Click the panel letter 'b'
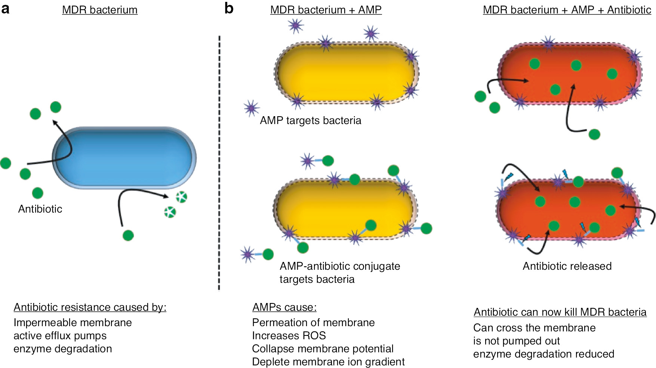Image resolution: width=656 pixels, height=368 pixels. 229,8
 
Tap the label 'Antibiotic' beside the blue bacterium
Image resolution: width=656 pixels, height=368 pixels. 40,209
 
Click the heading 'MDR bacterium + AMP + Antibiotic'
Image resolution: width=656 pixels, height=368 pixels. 567,10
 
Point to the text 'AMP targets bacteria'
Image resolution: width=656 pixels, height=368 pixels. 310,121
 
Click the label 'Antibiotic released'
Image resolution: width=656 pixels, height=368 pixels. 567,266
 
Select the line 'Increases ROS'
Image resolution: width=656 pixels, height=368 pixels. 289,335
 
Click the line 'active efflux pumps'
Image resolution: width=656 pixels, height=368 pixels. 60,335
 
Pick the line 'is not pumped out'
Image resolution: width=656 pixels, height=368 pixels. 516,341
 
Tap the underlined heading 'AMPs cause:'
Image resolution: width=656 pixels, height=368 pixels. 284,307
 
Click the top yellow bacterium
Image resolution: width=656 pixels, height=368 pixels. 346,73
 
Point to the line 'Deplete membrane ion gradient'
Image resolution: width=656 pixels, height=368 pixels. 328,362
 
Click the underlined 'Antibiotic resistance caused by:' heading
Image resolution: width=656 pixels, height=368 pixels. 90,307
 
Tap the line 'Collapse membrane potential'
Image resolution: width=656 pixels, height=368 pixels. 323,349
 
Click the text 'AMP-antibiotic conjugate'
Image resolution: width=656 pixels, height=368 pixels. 339,266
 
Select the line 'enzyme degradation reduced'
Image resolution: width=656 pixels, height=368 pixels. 543,354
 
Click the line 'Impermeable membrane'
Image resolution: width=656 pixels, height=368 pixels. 73,322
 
